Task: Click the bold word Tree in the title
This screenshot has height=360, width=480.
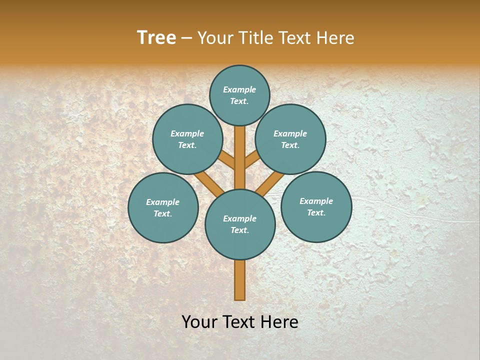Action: pyautogui.click(x=156, y=38)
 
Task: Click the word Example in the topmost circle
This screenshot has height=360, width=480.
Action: pyautogui.click(x=239, y=89)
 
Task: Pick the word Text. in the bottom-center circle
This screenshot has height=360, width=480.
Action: pyautogui.click(x=239, y=230)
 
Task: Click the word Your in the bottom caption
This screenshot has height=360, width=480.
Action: pyautogui.click(x=200, y=322)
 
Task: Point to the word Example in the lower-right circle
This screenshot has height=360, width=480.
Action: pyautogui.click(x=316, y=201)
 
